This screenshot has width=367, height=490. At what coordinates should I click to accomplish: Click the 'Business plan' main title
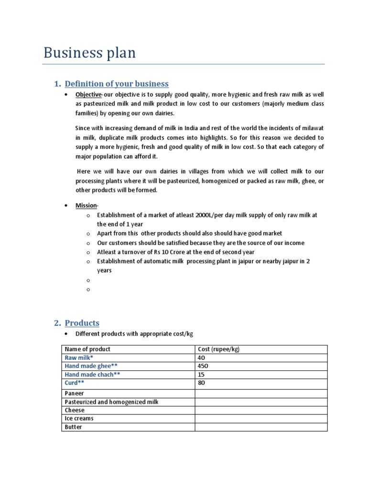pyautogui.click(x=89, y=53)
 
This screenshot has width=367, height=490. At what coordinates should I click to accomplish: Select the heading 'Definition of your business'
pyautogui.click(x=117, y=84)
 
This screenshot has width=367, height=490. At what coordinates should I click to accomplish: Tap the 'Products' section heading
pyautogui.click(x=82, y=323)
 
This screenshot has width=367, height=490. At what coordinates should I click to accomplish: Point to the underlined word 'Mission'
pyautogui.click(x=86, y=206)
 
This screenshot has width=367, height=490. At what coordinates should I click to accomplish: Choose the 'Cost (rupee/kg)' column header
pyautogui.click(x=218, y=349)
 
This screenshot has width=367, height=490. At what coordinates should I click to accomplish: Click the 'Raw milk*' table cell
pyautogui.click(x=79, y=358)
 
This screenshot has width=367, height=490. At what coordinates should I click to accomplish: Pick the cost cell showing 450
pyautogui.click(x=203, y=367)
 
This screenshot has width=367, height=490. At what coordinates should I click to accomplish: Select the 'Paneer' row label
pyautogui.click(x=75, y=393)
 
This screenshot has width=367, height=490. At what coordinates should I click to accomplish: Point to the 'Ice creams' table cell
pyautogui.click(x=79, y=419)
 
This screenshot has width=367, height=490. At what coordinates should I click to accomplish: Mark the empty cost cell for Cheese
pyautogui.click(x=261, y=411)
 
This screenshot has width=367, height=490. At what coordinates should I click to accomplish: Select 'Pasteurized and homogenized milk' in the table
pyautogui.click(x=111, y=402)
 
